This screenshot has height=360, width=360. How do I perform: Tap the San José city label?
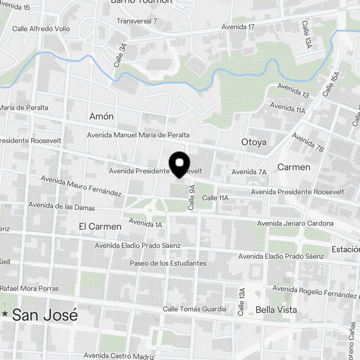coord(45,315)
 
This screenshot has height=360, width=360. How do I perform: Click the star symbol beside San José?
coord(5,314)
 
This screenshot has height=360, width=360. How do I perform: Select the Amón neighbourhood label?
coord(101,116)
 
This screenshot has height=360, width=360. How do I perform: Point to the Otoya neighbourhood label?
coord(254,142)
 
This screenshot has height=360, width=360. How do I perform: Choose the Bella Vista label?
coord(276,310)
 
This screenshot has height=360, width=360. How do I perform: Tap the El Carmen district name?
coord(100,226)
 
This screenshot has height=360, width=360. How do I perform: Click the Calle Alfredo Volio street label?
coord(41,29)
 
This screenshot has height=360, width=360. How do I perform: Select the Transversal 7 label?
coord(137,21)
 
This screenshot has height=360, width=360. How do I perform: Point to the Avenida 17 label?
coord(238,27)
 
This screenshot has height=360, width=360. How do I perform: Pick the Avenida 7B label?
coord(308,142)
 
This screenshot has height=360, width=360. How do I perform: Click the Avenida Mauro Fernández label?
coord(81,186)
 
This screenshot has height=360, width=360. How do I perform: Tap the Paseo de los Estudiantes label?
coord(168,263)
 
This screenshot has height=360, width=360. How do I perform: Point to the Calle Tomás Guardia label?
coord(194,309)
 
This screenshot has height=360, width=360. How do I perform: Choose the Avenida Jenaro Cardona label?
coord(295,224)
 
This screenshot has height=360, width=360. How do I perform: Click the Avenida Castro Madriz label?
coord(119,356)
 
